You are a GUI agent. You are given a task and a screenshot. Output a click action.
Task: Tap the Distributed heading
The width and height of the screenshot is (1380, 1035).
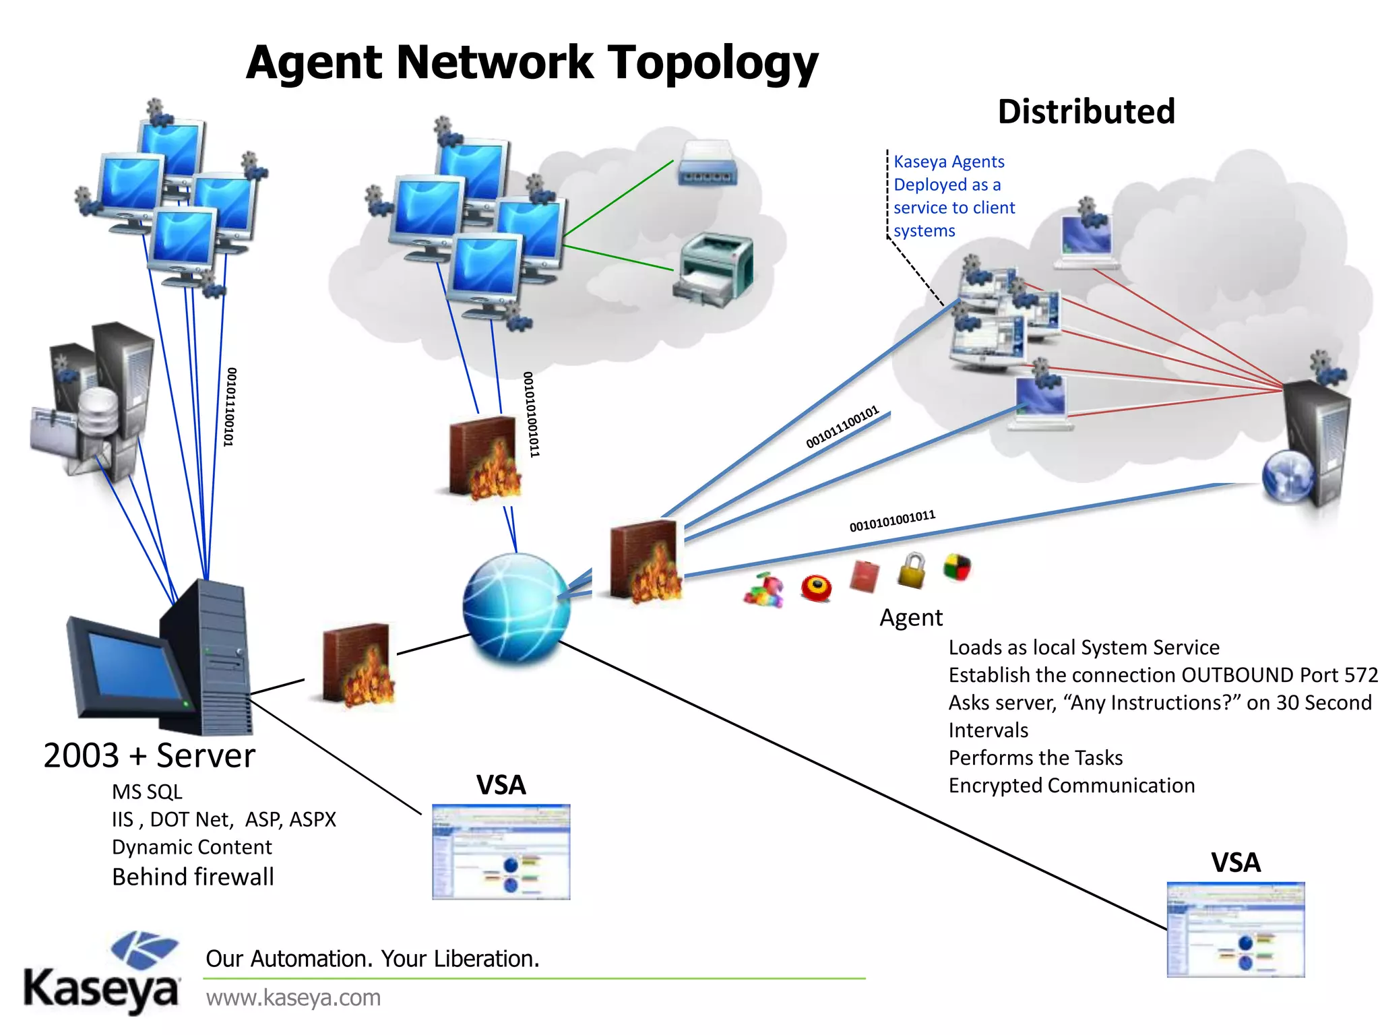tap(1086, 112)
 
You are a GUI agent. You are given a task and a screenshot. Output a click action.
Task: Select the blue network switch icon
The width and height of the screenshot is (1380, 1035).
tap(708, 163)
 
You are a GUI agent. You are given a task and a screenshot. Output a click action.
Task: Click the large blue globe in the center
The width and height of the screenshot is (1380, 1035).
tap(516, 607)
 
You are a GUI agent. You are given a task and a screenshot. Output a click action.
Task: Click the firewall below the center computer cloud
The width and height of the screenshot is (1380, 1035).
tap(484, 458)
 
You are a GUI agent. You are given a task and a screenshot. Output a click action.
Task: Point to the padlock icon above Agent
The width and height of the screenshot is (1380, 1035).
tap(912, 570)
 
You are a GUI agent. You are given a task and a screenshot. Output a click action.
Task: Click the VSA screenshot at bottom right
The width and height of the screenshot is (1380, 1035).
tap(1235, 930)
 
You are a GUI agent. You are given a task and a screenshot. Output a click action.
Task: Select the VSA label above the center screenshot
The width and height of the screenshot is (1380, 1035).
tap(501, 785)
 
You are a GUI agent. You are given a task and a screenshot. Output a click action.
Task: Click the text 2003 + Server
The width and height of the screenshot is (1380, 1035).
tap(150, 755)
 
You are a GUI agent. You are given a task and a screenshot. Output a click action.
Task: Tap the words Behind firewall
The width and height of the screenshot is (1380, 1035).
tap(193, 877)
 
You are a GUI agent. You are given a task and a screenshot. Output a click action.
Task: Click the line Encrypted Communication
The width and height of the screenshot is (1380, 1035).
tap(1071, 786)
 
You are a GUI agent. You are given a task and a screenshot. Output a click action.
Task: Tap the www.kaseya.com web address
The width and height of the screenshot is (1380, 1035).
tap(293, 997)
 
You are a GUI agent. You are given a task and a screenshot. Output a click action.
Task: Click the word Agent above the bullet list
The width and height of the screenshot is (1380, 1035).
tap(910, 618)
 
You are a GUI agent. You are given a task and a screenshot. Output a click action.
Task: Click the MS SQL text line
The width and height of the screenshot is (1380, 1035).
tap(147, 792)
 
